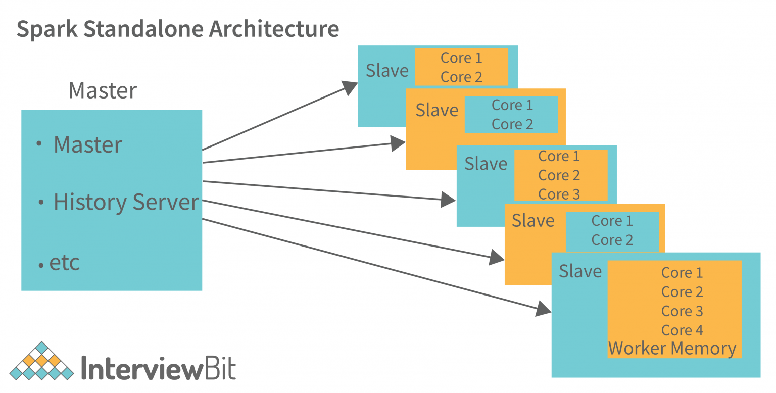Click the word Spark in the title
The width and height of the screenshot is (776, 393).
47,29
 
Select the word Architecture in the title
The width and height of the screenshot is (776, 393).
274,29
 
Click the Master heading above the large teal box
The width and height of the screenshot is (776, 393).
103,91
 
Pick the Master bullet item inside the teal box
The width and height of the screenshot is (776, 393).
88,145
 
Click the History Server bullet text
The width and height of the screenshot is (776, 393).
126,202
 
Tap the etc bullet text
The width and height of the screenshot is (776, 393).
65,263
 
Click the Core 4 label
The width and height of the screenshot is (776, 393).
682,330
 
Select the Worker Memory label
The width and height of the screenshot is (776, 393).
672,349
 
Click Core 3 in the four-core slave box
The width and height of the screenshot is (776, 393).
682,311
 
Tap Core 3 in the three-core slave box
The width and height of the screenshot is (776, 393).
559,194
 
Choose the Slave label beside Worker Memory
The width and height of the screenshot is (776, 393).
580,271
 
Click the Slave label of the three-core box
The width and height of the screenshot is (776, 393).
486,164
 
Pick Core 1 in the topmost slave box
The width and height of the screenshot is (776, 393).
461,58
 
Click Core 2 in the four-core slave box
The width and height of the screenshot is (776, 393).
682,292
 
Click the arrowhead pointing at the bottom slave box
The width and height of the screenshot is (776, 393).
544,309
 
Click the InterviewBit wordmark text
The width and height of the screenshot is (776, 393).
158,368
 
